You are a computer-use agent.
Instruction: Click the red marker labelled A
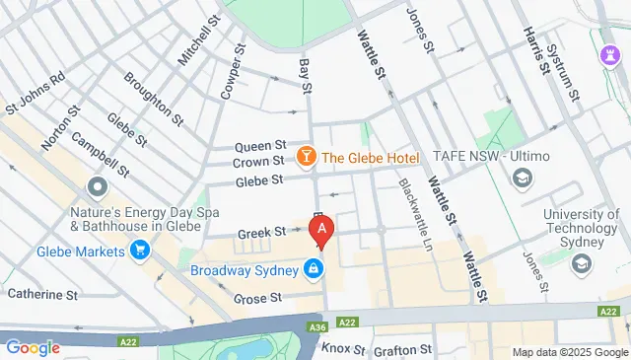321,231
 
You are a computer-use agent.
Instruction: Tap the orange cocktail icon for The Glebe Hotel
307,157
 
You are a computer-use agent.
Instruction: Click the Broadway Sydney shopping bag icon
313,268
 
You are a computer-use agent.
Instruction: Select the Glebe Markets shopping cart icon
140,251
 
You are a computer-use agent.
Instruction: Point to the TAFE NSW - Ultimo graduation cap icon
521,178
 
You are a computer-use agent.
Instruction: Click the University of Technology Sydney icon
582,263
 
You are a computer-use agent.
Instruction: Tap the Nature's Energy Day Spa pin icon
97,186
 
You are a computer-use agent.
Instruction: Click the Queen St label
260,146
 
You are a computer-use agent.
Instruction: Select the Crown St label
260,162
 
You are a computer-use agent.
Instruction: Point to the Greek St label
261,233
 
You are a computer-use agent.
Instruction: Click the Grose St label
257,297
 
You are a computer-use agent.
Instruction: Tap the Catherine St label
42,294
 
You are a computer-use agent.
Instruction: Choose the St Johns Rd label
35,90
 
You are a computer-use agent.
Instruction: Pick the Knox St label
344,349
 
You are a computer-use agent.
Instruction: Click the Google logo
33,347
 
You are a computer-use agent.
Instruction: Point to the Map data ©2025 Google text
570,352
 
